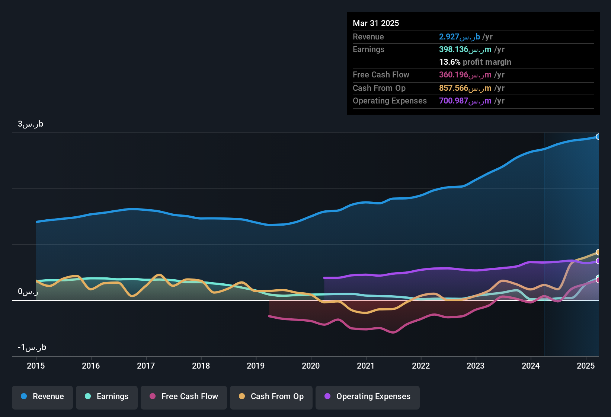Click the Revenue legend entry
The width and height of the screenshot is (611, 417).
pos(42,397)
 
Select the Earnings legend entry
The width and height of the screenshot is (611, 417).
pos(107,397)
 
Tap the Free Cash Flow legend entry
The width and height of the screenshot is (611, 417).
pos(184,397)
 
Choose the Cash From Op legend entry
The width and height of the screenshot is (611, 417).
pos(271,397)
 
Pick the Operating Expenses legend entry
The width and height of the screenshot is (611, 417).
pos(368,397)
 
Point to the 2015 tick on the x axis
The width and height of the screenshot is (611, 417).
pos(36,366)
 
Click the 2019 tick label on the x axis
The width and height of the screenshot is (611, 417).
pos(256,366)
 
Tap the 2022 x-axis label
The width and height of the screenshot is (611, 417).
pos(421,366)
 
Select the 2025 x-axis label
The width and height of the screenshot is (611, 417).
pos(586,366)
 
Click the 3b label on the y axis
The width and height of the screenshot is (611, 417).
pos(31,124)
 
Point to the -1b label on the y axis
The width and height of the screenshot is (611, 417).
pos(32,347)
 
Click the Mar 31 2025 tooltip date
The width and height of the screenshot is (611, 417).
pos(376,23)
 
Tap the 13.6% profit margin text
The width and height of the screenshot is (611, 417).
pos(475,62)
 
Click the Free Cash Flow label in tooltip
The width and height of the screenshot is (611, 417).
pos(381,75)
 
